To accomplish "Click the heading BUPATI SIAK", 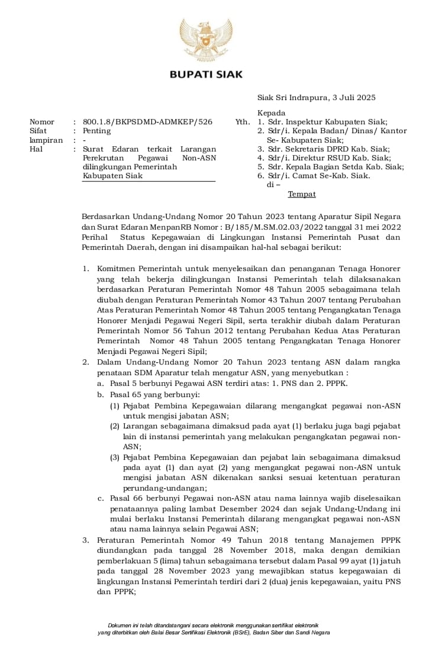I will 206,75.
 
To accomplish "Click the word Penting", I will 96,131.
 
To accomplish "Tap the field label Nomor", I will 42,122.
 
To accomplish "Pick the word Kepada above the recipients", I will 271,113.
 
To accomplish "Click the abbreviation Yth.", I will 243,122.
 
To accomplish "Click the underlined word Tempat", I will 302,194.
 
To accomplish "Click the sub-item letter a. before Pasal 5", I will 101,383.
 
